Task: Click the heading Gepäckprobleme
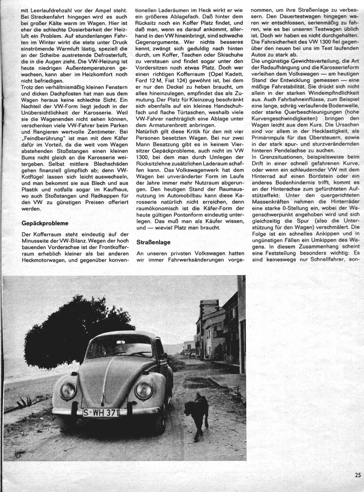click(45, 223)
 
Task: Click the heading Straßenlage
click(154, 242)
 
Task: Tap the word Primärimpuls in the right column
click(267, 138)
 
